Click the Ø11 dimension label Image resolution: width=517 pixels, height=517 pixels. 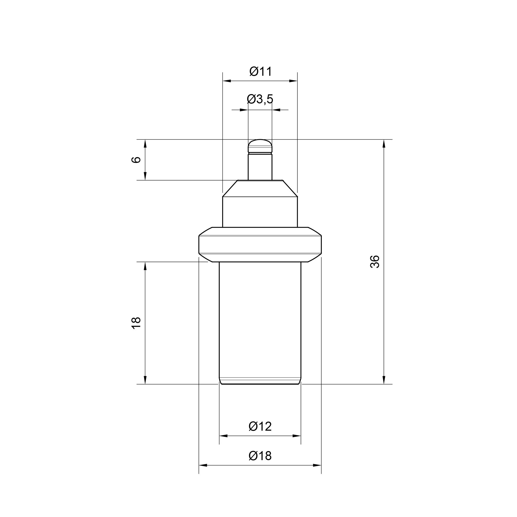261,71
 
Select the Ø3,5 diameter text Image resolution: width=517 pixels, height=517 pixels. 260,99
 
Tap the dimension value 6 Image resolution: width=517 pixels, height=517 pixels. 136,160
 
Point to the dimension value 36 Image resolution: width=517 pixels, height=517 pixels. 375,262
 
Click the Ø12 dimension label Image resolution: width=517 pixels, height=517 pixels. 260,426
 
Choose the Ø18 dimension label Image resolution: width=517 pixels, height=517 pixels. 260,456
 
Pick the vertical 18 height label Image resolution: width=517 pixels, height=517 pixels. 136,323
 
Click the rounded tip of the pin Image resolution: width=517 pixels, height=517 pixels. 260,146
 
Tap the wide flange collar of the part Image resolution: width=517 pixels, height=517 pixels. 260,245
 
